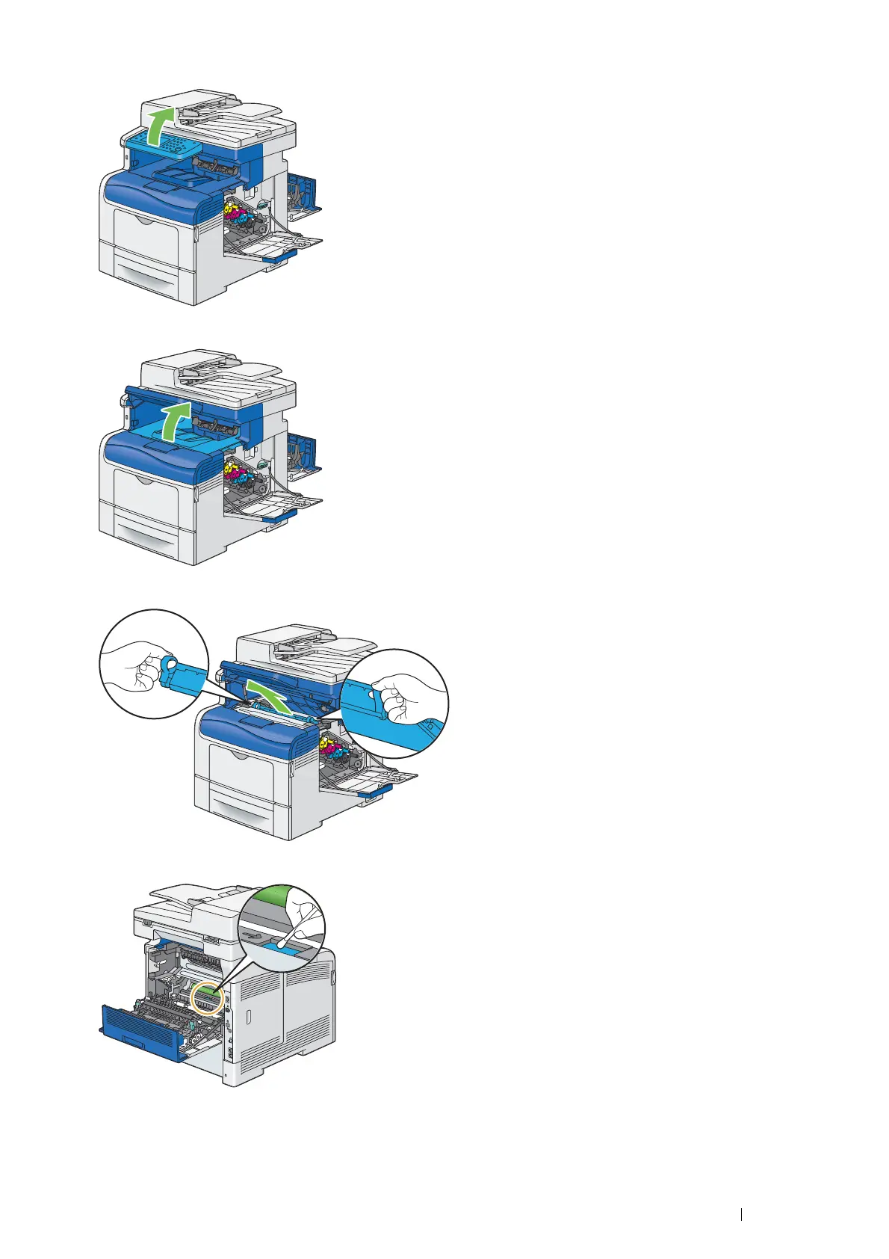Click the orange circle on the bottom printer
207,999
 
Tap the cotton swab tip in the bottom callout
279,944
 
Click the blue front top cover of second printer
149,453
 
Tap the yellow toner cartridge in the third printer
329,744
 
